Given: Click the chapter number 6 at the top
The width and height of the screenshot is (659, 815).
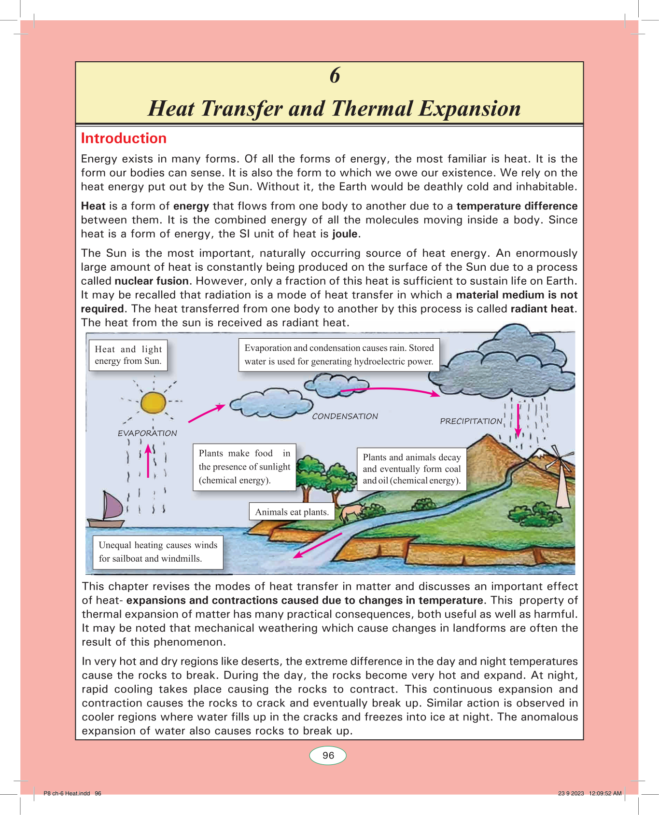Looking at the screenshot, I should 335,76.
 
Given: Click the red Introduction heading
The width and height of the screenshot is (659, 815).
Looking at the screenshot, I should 124,138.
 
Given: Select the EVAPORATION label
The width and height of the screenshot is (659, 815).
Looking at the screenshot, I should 147,433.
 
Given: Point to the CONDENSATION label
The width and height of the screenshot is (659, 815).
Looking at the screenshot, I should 345,416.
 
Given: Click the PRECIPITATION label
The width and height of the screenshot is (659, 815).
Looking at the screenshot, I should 471,421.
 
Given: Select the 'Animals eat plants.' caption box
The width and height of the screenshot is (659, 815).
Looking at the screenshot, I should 292,512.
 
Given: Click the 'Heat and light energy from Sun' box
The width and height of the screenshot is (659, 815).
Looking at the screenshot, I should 128,355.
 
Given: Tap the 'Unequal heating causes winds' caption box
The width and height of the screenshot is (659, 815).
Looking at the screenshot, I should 158,552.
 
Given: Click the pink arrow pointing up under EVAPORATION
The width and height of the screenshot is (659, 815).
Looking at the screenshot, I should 148,461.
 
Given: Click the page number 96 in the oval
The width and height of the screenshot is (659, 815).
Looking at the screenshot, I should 328,756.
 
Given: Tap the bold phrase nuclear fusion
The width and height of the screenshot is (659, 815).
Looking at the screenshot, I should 152,281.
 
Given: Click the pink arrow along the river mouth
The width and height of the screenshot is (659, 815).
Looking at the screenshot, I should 318,545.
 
